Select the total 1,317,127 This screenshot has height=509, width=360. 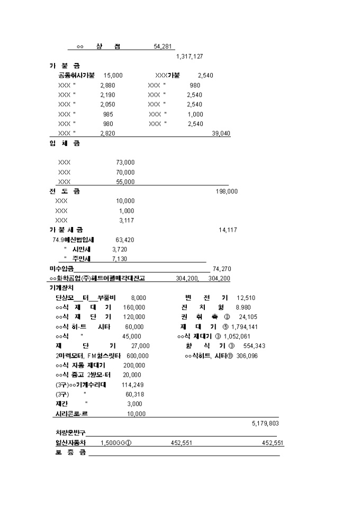click(190, 57)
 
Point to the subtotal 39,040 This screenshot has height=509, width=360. click(221, 133)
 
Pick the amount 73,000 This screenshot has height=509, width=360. click(125, 162)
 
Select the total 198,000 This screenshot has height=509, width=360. click(227, 192)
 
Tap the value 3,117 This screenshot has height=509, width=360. click(127, 220)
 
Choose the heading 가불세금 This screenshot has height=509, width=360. click(66, 230)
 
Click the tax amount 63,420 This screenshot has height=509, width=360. click(124, 240)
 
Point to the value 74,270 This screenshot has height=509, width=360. click(222, 269)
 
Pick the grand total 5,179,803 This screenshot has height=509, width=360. click(265, 423)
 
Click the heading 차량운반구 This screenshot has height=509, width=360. click(70, 433)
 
